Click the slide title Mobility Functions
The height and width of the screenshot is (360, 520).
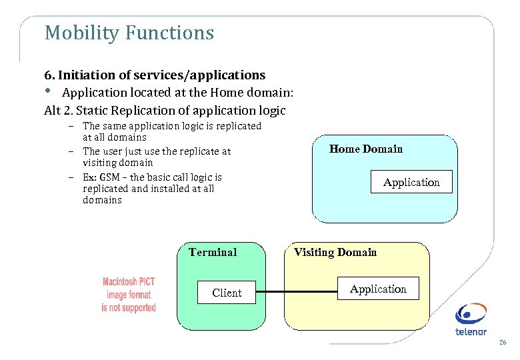click(x=129, y=33)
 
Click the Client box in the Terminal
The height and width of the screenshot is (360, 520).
click(x=227, y=293)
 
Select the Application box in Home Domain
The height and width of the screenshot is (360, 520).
click(x=411, y=182)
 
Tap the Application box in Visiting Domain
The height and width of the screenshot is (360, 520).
click(x=378, y=289)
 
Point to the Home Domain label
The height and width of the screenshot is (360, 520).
click(x=366, y=149)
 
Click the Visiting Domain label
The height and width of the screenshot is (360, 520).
click(x=335, y=252)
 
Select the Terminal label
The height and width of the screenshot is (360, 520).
click(x=213, y=252)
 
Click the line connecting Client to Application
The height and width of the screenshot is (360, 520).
click(x=296, y=292)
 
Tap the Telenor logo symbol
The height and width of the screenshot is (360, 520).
click(x=471, y=314)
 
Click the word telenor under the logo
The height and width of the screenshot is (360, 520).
click(x=471, y=331)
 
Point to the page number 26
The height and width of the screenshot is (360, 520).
click(x=503, y=343)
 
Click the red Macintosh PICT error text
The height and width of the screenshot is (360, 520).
click(x=129, y=295)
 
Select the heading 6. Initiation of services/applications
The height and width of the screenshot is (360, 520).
click(x=155, y=75)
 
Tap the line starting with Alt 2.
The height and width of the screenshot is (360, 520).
click(x=165, y=110)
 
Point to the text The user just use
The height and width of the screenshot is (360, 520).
click(x=121, y=151)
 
